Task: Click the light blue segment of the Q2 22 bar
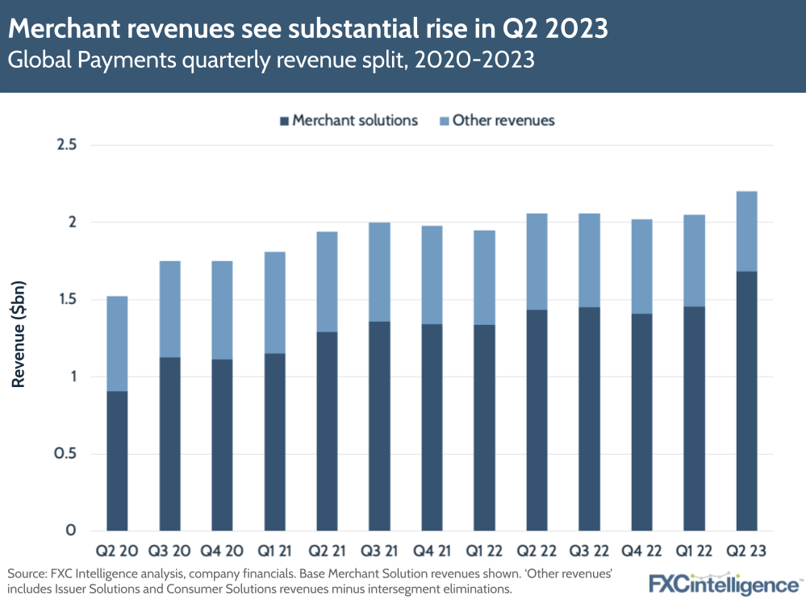tap(531, 261)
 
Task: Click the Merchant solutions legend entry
tap(348, 121)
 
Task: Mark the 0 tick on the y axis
tap(71, 531)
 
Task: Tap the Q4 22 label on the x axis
tap(636, 552)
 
